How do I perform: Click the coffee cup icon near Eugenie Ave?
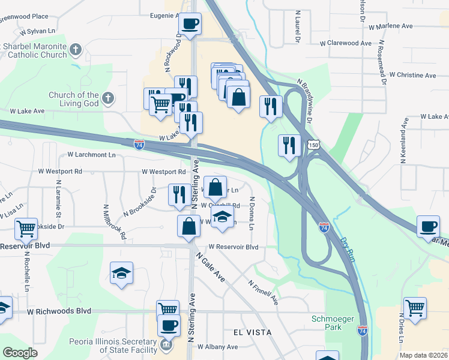190,25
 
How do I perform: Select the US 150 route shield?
312,145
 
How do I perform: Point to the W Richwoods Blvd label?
59,311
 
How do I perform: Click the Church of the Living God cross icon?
107,97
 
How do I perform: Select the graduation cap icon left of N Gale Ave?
122,273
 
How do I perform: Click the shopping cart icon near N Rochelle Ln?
26,228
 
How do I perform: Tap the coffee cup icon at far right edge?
429,226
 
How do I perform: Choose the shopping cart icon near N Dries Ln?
415,308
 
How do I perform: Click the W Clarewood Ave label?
346,43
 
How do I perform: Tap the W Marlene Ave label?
391,26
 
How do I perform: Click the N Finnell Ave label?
264,290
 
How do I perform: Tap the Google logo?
20,353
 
